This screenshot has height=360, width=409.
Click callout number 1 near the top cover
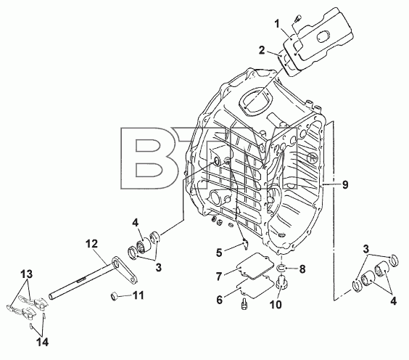(x=277, y=24)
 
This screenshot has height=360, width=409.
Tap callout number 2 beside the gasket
(x=262, y=50)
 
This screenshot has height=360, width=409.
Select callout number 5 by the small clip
(x=219, y=253)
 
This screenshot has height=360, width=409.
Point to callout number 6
(x=220, y=300)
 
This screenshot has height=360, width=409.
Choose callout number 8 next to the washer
(x=302, y=269)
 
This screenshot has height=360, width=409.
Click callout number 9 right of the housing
(x=345, y=185)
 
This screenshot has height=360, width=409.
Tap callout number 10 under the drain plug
(x=276, y=304)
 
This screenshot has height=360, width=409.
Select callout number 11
(x=139, y=295)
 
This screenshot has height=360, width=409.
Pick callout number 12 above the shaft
(x=92, y=244)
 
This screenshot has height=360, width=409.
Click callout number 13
(x=27, y=274)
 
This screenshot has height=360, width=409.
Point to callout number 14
(x=43, y=342)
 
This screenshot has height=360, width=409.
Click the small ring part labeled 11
(x=114, y=297)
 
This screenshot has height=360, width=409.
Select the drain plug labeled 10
(x=281, y=282)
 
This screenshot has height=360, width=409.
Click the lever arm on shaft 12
(x=125, y=271)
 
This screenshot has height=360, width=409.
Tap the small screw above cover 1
(x=297, y=19)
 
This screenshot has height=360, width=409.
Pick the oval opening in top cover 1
(x=323, y=36)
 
